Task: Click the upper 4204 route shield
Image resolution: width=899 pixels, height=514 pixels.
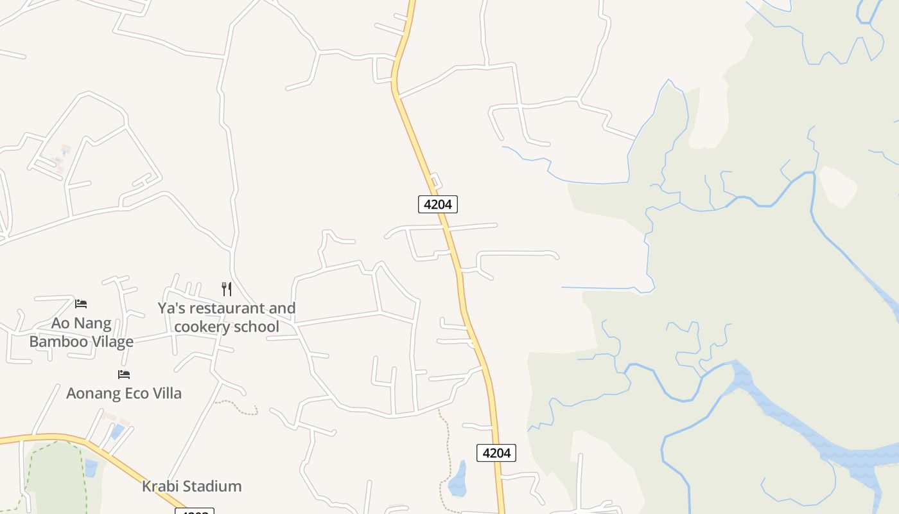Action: click(x=438, y=204)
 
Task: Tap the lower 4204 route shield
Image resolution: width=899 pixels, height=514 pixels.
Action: click(x=496, y=453)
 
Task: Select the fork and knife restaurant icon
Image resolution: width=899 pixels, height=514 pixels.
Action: click(x=226, y=289)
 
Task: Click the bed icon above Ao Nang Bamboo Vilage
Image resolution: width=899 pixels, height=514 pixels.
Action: click(x=81, y=303)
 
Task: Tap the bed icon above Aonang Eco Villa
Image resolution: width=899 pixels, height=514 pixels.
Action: click(x=124, y=374)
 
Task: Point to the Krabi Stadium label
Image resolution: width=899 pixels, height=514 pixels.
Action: click(x=191, y=486)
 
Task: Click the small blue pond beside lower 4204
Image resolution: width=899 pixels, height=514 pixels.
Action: click(x=457, y=480)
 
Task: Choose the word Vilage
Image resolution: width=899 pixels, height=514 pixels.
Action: click(x=110, y=341)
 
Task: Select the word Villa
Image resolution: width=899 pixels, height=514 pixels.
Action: click(x=164, y=393)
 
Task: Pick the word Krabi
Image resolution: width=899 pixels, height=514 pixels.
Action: click(x=159, y=486)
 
